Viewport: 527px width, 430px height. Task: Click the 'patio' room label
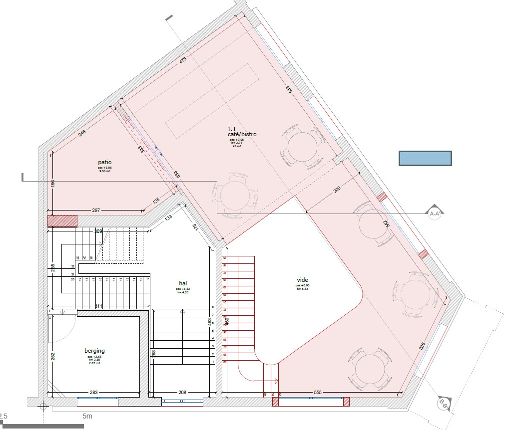point(105,162)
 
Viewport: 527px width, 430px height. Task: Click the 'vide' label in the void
point(303,280)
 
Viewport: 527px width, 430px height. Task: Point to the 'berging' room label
point(94,351)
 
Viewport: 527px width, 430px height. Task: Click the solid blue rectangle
point(425,158)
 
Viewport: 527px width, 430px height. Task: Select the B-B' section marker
point(443,403)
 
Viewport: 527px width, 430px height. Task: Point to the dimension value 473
point(183,60)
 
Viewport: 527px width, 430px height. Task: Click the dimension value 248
point(82,133)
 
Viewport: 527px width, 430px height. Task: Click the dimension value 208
point(182,393)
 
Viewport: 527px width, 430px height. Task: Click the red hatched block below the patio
point(62,221)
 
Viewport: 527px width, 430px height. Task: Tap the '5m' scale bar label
point(88,416)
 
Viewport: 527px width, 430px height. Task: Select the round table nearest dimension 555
point(369,370)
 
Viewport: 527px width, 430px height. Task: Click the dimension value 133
point(168,217)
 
